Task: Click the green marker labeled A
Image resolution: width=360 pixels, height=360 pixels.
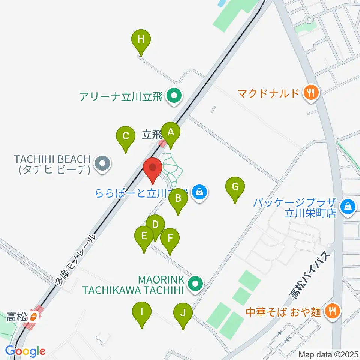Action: [171, 132]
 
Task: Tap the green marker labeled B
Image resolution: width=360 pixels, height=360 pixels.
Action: [178, 199]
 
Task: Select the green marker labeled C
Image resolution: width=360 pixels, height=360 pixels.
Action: [126, 136]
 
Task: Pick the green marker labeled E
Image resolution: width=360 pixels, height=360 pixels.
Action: [144, 236]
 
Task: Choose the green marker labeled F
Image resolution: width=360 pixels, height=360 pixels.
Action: [170, 238]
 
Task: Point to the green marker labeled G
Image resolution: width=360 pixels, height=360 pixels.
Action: [235, 187]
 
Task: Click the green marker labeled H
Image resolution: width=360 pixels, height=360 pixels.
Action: [141, 39]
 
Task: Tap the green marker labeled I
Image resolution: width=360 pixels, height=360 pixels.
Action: [142, 312]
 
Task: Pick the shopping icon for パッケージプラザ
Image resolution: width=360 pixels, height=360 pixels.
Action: [348, 206]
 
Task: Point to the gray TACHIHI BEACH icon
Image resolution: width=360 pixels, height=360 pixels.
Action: [102, 164]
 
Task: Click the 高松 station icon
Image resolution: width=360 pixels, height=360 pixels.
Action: [34, 317]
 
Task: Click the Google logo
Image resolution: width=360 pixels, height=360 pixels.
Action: [25, 351]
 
